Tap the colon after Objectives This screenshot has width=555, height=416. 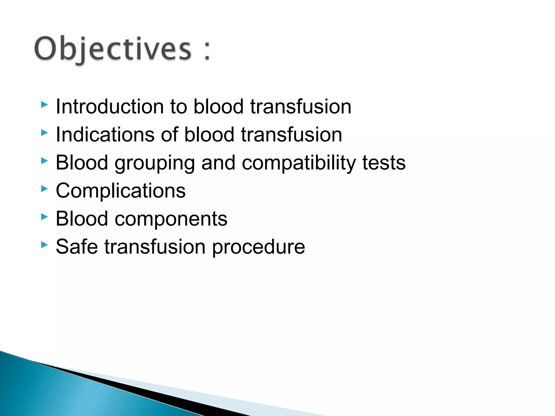pos(207,50)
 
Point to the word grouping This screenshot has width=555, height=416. pos(154,163)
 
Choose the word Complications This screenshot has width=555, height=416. pos(121,191)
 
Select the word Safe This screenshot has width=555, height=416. pos(77,247)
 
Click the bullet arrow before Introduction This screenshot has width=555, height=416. pos(44,105)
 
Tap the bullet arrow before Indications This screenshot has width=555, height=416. pos(44,133)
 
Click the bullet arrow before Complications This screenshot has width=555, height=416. pos(44,189)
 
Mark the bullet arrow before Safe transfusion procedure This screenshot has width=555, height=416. pos(44,245)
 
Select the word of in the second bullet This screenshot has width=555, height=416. pos(170,135)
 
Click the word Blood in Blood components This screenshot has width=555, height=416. pos(82,219)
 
